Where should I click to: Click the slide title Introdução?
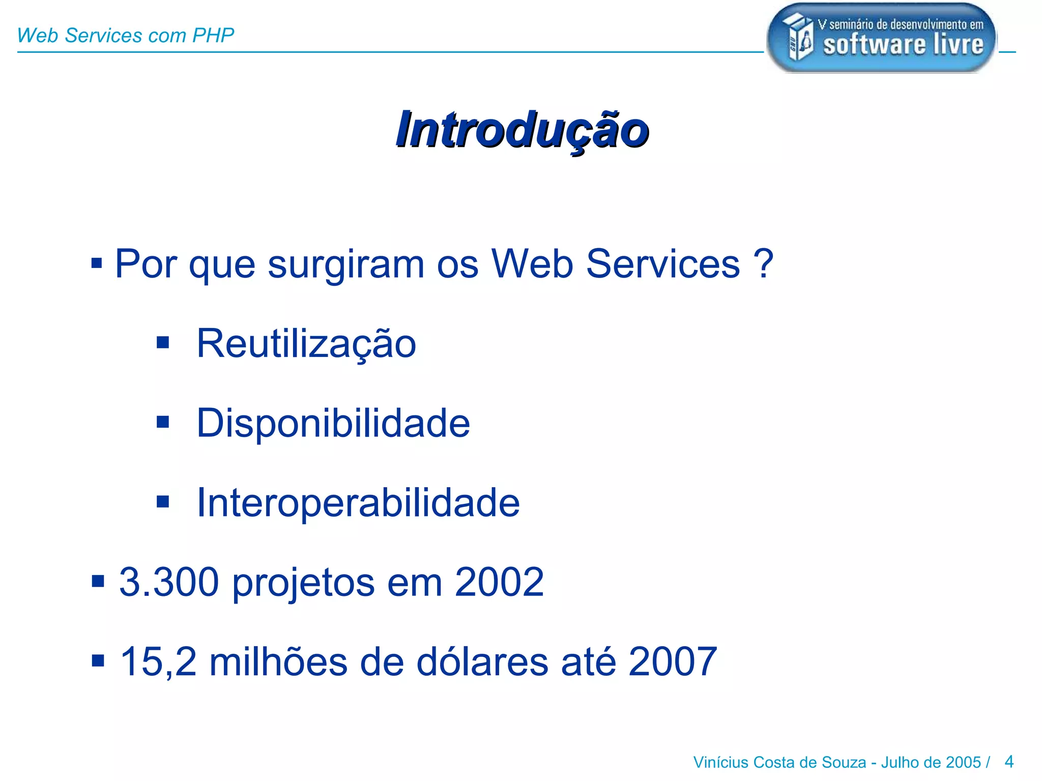pos(522,130)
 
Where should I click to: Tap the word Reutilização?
pos(306,344)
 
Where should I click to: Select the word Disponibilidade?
pos(333,423)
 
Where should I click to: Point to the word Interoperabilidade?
pos(358,503)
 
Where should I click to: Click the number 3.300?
pos(169,582)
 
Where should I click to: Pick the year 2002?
pos(499,582)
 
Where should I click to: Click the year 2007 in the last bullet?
pos(673,662)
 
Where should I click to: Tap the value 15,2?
pos(158,662)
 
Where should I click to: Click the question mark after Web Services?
pos(763,264)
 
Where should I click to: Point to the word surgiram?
pos(346,265)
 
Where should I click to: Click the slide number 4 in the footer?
pos(1009,762)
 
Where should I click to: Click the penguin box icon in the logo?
pos(797,37)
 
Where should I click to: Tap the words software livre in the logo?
pos(903,45)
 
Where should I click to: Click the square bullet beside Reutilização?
pos(163,342)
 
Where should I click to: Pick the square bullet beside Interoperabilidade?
pos(163,502)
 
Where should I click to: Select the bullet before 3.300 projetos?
pos(98,581)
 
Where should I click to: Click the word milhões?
pos(278,662)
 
